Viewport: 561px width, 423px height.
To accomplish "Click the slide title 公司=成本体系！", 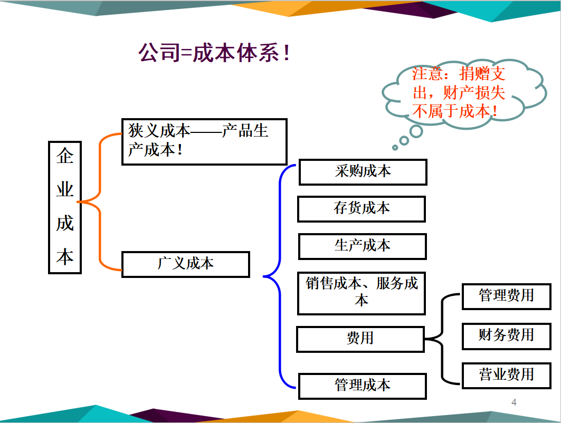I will click(214, 53).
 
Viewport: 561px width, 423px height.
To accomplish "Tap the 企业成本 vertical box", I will click(65, 207).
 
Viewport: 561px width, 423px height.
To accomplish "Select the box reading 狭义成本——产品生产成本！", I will click(204, 141).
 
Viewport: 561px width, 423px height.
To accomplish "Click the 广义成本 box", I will click(185, 264).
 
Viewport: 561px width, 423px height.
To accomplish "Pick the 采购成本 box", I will click(363, 172).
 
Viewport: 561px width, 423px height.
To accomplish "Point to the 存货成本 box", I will click(362, 209).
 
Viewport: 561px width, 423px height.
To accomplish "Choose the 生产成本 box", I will click(363, 246).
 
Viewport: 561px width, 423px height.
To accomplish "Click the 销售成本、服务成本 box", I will click(362, 293).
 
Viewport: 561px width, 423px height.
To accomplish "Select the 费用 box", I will click(360, 339).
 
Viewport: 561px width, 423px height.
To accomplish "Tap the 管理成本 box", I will click(363, 386).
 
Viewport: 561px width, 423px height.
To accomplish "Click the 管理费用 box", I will click(506, 296).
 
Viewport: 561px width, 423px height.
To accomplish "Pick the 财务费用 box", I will click(506, 335).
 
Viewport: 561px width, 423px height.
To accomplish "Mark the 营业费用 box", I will click(506, 375).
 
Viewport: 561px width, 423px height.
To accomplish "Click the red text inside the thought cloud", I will click(458, 92).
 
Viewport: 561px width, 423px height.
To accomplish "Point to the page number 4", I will click(514, 403).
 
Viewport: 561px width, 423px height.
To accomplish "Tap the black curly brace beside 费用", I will click(442, 339).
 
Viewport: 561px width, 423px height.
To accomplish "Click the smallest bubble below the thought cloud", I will click(394, 147).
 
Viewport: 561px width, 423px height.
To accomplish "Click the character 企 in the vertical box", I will click(65, 157).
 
